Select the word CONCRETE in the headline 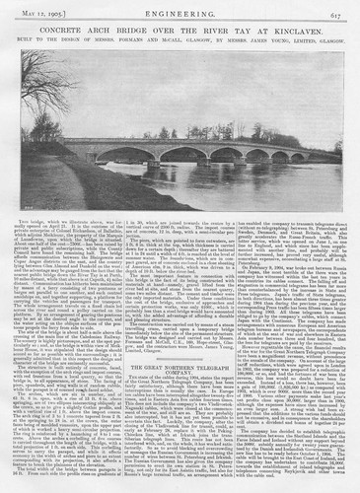click(x=70, y=33)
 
